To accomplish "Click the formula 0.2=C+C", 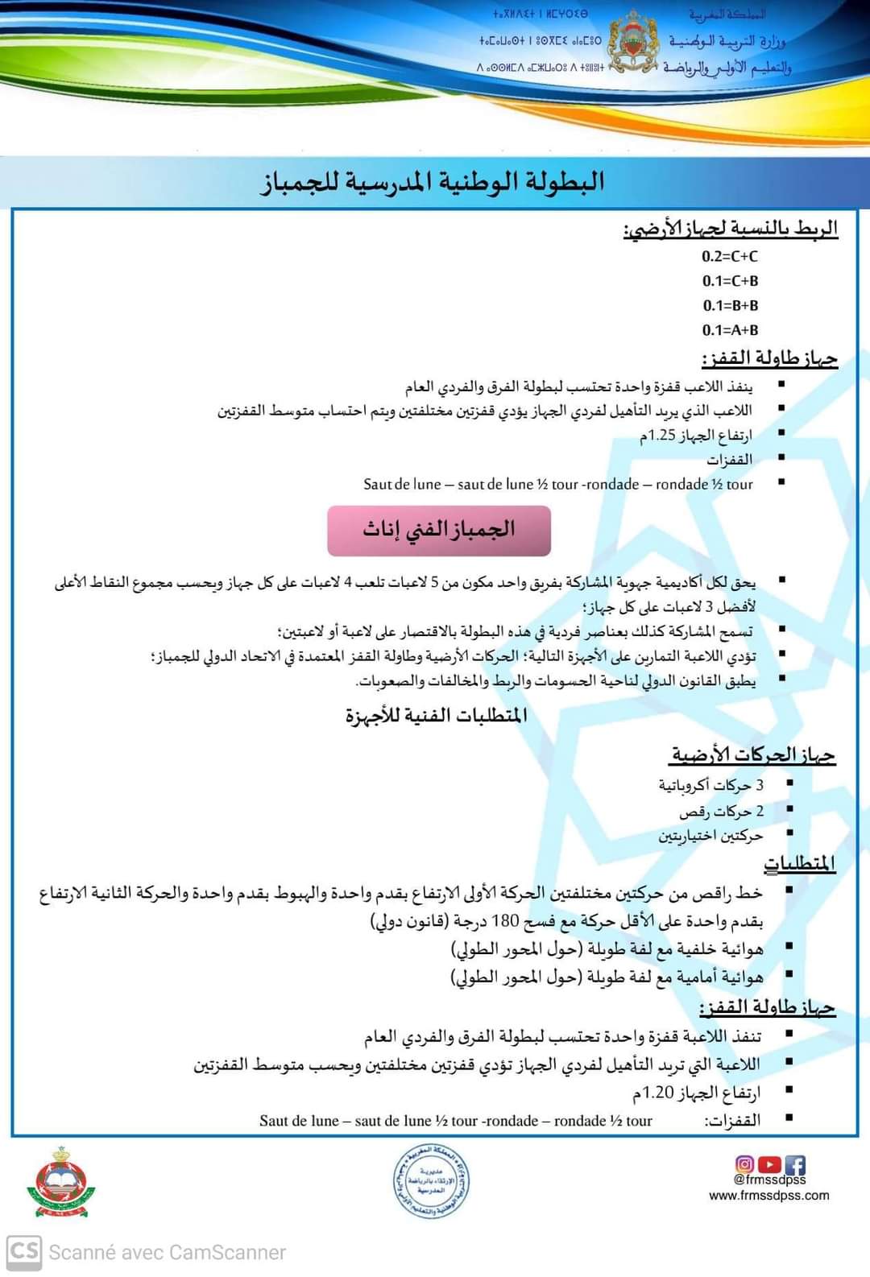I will pos(730,257).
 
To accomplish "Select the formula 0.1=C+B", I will pos(730,281).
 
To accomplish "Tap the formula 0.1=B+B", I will pos(730,305).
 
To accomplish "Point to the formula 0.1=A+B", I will pos(730,330).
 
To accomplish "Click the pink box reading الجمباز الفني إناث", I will pos(439,530).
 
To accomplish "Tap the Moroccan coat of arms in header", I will pos(636,43).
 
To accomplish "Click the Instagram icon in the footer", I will pos(745,1164).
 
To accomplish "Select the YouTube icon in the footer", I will pos(770,1164).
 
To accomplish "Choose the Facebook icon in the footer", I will pos(795,1164).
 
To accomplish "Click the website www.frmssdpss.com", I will pos(769,1196).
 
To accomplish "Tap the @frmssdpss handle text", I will pos(769,1180).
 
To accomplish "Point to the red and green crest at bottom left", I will pos(61,1183).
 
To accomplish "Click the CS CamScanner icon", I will pos(23,1252).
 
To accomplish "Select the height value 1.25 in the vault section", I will pos(661,436).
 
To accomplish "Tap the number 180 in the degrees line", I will pos(505,920).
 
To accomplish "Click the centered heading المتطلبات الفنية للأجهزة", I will pos(437,715).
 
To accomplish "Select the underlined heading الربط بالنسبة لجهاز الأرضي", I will pos(730,229).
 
